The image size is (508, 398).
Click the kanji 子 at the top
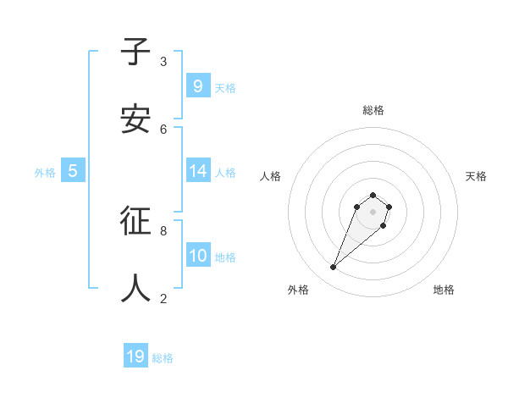tap(136, 52)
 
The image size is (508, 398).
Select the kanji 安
tap(136, 119)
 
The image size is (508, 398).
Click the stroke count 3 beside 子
tap(163, 62)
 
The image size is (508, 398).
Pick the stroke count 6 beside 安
tap(163, 129)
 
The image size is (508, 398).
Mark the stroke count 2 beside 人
tap(163, 298)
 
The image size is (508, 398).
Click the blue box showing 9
tap(197, 86)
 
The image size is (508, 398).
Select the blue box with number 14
tap(197, 171)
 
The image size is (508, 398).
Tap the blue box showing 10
tap(197, 255)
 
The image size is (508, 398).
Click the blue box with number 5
tap(73, 171)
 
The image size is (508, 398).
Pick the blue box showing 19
tap(135, 357)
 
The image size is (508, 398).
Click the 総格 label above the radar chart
tap(373, 110)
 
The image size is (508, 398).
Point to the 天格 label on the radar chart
tap(476, 176)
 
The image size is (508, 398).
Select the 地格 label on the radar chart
tap(444, 290)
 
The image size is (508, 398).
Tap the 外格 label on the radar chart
tap(298, 290)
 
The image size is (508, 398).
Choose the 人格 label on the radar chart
tap(270, 176)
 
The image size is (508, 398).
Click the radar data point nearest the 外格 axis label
tap(334, 268)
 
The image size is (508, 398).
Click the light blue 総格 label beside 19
tap(163, 358)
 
